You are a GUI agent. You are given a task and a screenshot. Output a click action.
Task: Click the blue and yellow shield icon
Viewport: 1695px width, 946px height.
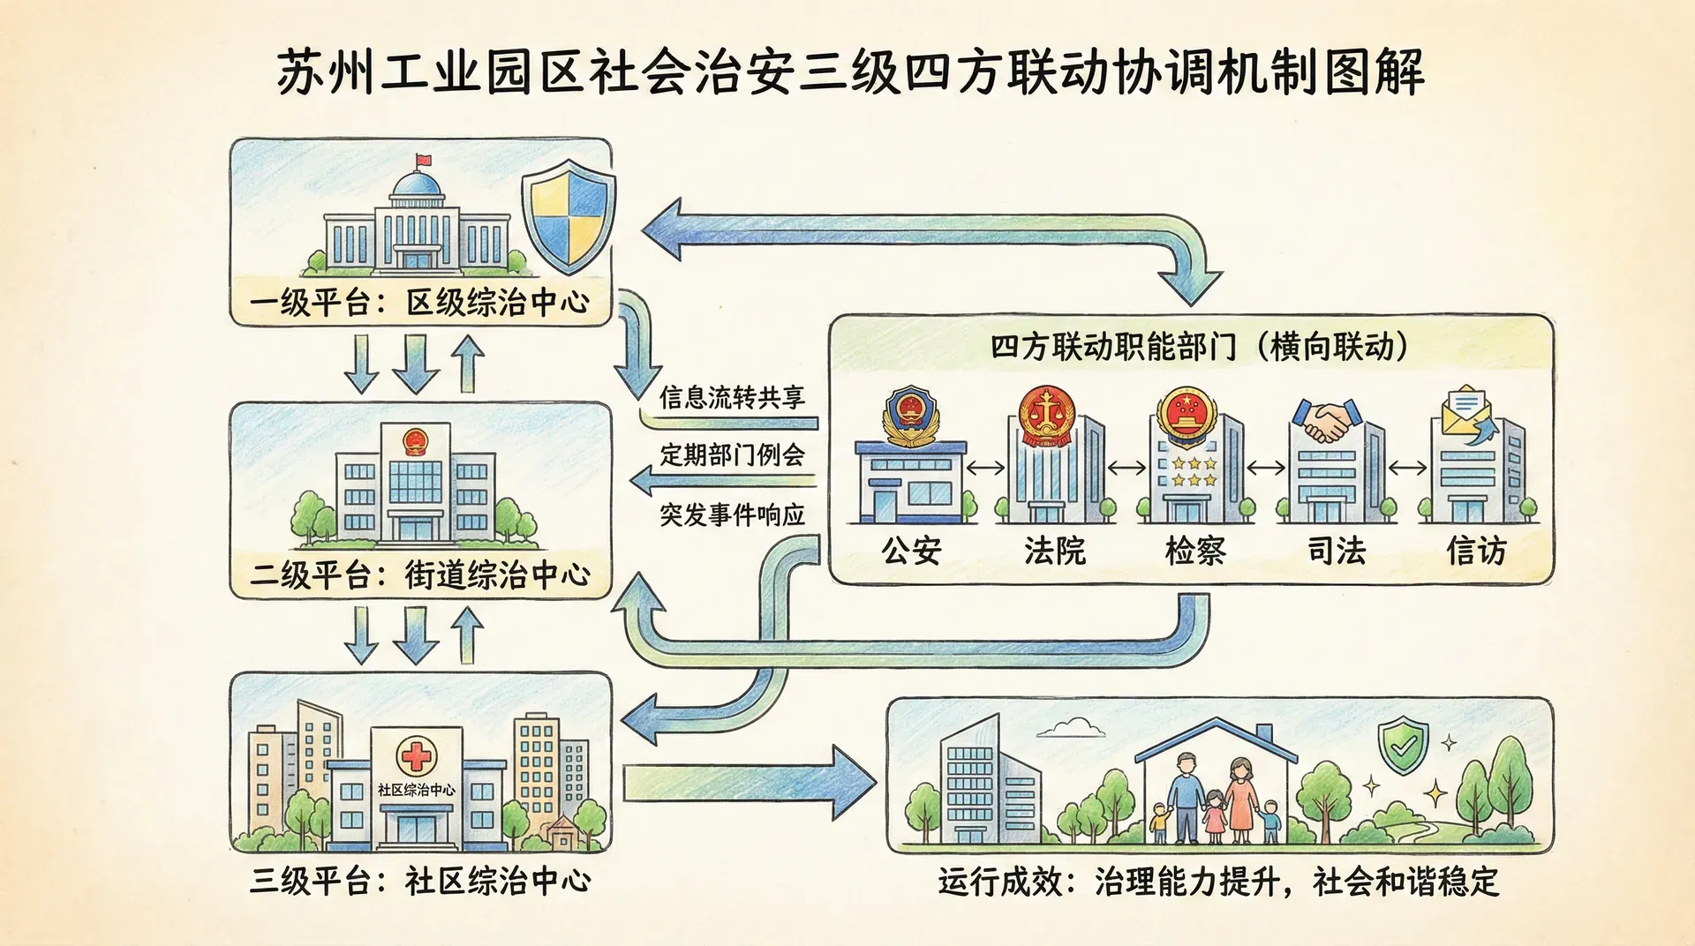pos(569,216)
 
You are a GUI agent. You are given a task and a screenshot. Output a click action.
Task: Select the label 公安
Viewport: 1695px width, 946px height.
pos(911,551)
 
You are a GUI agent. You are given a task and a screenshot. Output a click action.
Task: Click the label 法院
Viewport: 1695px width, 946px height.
pos(1054,551)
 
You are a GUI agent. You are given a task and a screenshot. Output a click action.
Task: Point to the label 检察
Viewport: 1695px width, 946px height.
pos(1195,551)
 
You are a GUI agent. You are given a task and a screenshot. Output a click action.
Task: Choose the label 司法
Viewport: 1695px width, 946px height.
pos(1337,551)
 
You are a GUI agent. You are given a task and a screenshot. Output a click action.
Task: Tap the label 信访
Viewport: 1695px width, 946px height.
pos(1476,551)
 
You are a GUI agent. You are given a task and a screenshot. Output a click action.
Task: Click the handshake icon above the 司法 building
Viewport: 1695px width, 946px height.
pos(1325,420)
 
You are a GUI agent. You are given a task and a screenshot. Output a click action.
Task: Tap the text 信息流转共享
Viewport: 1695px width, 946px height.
pos(732,397)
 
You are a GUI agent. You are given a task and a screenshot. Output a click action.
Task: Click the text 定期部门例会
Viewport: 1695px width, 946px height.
pos(732,455)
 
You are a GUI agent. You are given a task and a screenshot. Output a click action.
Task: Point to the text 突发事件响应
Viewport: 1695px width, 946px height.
pos(732,514)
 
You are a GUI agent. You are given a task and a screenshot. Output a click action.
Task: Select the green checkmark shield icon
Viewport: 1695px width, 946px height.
pos(1402,747)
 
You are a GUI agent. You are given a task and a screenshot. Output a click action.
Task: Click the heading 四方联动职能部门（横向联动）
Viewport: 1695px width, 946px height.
pos(1199,347)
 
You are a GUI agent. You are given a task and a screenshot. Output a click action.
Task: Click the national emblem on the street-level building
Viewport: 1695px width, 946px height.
pos(413,440)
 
